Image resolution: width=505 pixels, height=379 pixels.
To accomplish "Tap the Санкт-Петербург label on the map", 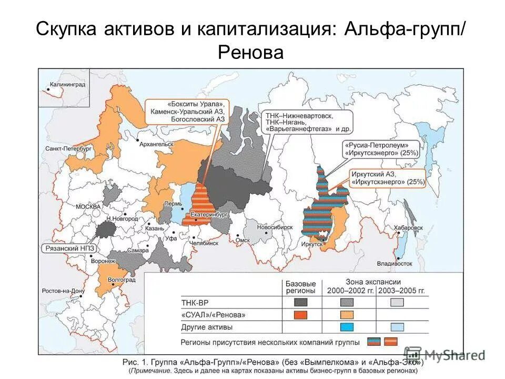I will click(x=69, y=149).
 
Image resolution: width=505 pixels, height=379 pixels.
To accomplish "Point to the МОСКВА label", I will click(x=87, y=206).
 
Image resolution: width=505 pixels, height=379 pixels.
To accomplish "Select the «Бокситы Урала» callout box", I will click(x=187, y=111).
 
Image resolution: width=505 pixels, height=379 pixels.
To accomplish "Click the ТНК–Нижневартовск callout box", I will click(x=306, y=121).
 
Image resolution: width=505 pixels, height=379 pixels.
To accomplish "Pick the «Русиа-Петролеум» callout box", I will click(x=381, y=148).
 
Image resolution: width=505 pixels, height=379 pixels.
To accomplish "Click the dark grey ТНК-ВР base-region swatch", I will click(x=300, y=302).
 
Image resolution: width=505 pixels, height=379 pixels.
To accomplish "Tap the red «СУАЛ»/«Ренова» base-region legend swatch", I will click(x=300, y=315).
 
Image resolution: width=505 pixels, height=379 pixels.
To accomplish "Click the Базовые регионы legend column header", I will click(x=300, y=286).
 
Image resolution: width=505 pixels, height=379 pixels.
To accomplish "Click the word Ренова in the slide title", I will click(x=250, y=52).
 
